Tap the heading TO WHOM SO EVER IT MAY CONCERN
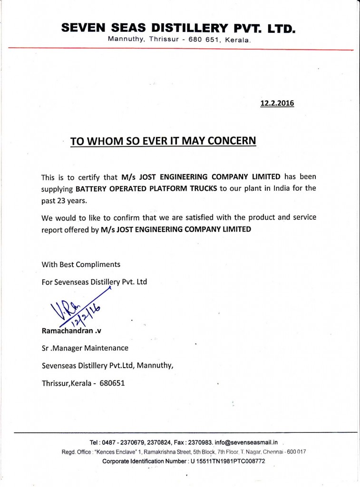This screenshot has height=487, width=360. tap(163, 141)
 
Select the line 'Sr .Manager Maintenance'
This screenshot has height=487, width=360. tap(85, 348)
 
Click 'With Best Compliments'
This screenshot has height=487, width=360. tap(81, 264)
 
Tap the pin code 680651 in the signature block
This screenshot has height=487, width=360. tap(112, 383)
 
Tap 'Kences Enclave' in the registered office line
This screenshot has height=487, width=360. tap(114, 452)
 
